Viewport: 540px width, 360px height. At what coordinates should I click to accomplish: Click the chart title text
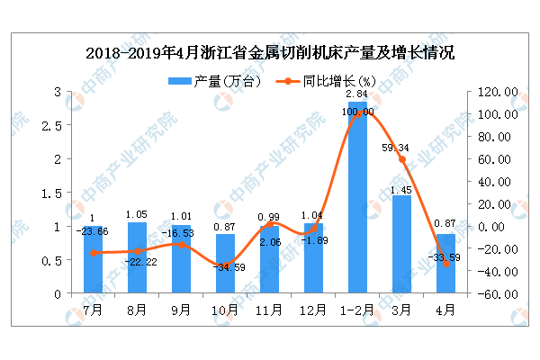point(270,52)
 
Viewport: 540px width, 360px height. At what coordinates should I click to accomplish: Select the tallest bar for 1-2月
point(358,198)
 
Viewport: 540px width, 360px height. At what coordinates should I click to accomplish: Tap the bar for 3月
point(401,244)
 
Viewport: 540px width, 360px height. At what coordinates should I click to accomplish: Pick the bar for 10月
point(224,264)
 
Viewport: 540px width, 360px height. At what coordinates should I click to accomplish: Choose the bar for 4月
point(445,264)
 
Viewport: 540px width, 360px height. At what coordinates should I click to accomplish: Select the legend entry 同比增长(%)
point(320,81)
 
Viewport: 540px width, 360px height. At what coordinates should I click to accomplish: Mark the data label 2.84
point(357,94)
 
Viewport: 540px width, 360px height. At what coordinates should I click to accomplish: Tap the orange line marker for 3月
point(401,160)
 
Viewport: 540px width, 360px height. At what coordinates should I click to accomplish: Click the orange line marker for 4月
point(445,264)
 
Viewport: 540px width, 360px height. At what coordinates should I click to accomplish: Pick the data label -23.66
point(93,230)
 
